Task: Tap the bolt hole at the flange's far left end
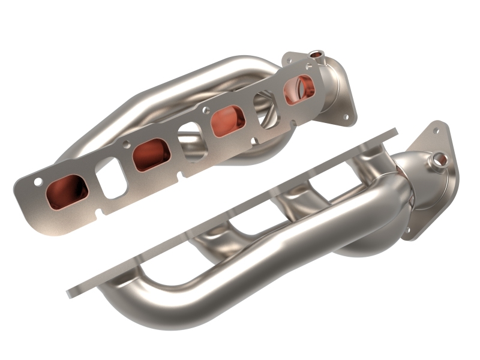[x=38, y=181]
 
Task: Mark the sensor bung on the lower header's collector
[x=438, y=160]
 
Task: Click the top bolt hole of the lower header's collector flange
[x=436, y=129]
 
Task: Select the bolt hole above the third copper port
[x=205, y=110]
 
